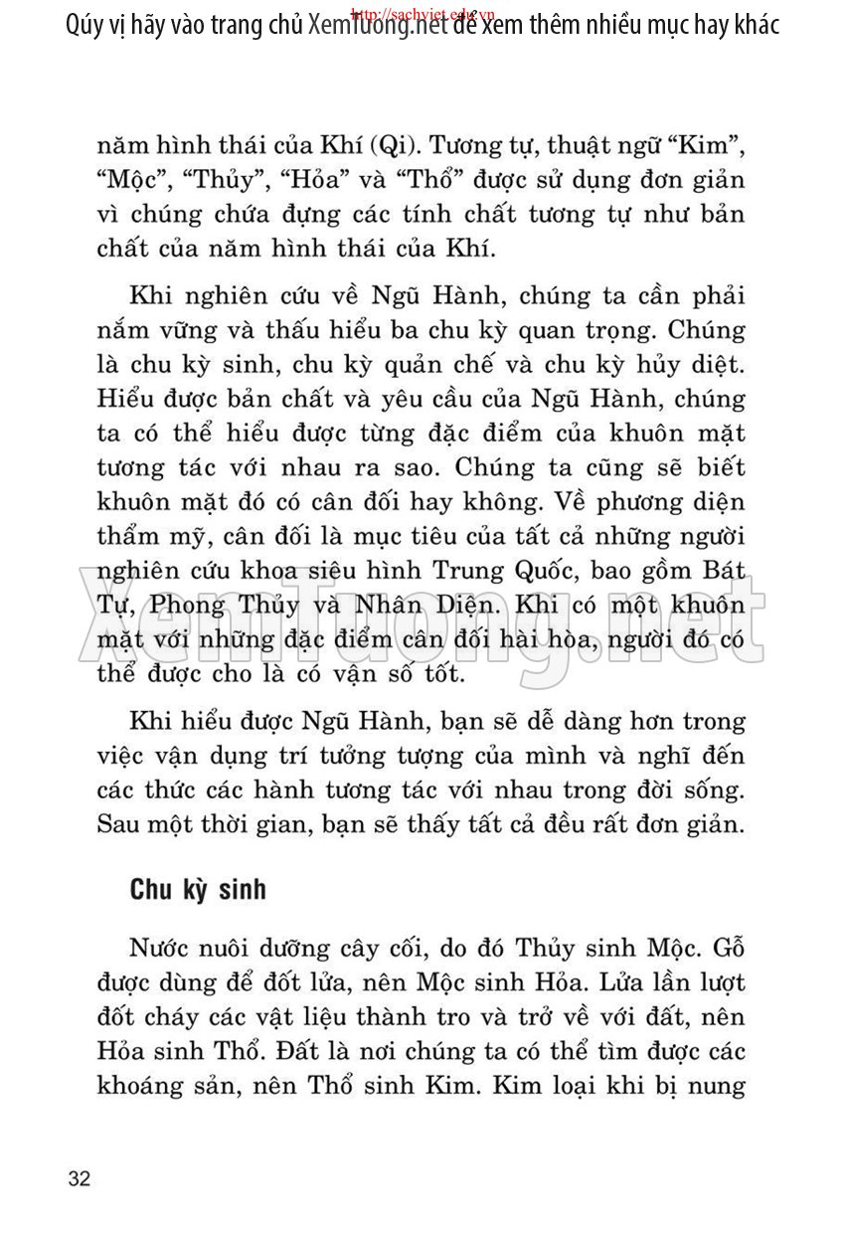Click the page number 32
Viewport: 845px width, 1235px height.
click(x=80, y=1179)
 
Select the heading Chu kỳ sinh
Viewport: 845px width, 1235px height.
click(x=198, y=889)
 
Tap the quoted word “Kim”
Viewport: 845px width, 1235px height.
click(x=709, y=148)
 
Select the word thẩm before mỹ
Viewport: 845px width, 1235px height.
click(x=127, y=539)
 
